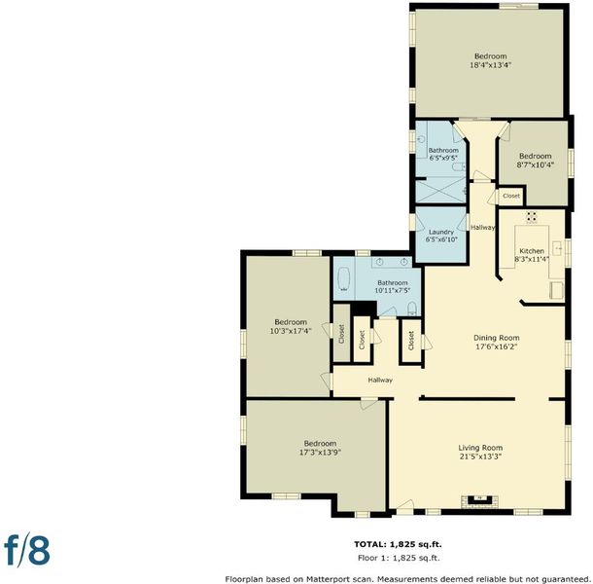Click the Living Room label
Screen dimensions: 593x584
tap(480, 448)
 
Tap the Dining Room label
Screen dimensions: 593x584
tap(496, 338)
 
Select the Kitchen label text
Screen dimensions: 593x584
tap(532, 251)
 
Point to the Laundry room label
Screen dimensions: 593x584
tap(441, 232)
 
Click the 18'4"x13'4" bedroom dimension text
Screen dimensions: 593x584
tap(491, 65)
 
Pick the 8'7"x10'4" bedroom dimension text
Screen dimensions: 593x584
tap(535, 164)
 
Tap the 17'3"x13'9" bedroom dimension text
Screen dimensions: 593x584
tap(321, 453)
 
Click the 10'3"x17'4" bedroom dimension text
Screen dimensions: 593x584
tap(291, 331)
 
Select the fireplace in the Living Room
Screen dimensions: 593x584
tap(479, 500)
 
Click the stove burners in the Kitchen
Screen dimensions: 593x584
tap(532, 217)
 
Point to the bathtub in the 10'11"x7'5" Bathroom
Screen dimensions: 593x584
tap(344, 279)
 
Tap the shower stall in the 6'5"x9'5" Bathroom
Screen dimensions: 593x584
tap(441, 190)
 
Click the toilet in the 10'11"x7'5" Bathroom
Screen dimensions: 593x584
tap(412, 309)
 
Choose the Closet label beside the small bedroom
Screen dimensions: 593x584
tap(511, 196)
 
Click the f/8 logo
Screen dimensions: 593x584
tap(27, 550)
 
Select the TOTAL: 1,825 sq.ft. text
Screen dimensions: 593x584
tap(398, 545)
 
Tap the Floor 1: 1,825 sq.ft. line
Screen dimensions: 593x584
tap(399, 558)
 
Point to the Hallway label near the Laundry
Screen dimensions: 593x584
tap(482, 227)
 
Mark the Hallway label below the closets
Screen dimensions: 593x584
tap(380, 380)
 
